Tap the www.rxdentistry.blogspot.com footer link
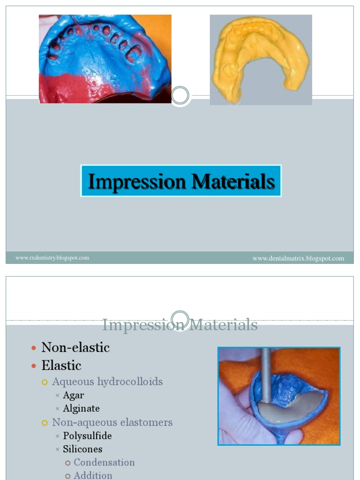click(52, 258)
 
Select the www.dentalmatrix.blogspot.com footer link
click(298, 258)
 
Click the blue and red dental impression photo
click(105, 59)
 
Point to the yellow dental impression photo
click(261, 60)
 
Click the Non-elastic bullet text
click(75, 347)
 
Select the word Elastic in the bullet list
click(61, 365)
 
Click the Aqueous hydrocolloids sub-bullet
click(107, 382)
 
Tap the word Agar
click(74, 395)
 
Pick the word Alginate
click(81, 408)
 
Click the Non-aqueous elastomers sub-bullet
click(112, 422)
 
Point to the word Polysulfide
click(87, 436)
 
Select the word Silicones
click(82, 449)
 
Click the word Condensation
click(104, 462)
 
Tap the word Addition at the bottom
click(93, 475)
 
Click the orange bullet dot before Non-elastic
click(33, 348)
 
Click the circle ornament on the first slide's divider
click(180, 96)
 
